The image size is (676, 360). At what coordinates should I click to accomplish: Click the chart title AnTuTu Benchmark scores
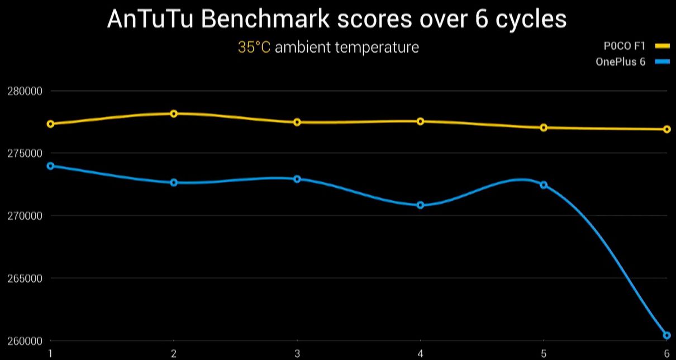(x=336, y=20)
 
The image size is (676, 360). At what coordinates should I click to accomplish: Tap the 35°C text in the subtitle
(x=254, y=47)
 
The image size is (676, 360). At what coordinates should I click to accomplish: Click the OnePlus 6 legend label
(x=620, y=62)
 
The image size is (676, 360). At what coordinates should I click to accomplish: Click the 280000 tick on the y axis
(x=26, y=91)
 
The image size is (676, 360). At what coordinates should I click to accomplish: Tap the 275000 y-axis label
(x=26, y=153)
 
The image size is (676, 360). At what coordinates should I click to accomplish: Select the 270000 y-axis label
(x=26, y=216)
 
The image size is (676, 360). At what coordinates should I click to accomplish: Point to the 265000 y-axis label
(x=26, y=278)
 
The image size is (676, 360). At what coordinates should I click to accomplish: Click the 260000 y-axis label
(x=26, y=341)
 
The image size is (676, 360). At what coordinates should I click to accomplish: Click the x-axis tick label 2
(x=174, y=353)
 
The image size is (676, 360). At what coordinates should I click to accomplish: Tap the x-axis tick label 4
(x=420, y=353)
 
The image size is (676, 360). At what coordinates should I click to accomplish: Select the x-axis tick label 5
(x=544, y=353)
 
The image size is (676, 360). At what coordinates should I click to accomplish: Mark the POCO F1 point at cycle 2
(x=174, y=113)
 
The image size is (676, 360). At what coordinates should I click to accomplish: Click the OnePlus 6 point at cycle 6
(x=667, y=335)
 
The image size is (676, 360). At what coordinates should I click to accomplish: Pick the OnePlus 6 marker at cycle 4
(x=420, y=205)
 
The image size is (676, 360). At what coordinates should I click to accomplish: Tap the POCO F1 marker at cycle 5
(x=544, y=127)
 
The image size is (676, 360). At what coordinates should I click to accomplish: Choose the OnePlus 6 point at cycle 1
(x=51, y=166)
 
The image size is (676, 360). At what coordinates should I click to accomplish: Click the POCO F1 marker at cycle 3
(x=297, y=122)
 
